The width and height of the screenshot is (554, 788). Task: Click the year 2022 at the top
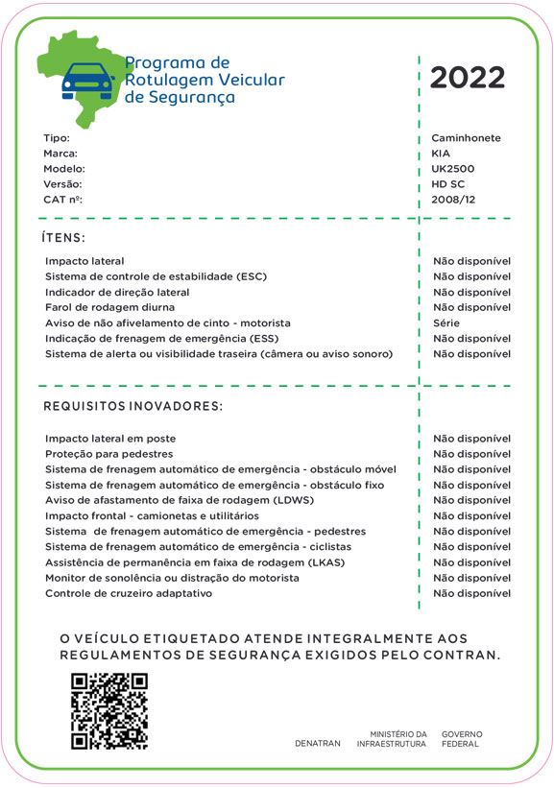(467, 78)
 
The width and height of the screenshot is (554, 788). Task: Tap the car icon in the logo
(87, 84)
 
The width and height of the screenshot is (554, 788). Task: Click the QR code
(109, 710)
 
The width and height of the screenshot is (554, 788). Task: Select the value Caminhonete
(466, 138)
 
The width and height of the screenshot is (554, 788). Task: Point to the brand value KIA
(441, 154)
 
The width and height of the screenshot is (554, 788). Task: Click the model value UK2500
(453, 169)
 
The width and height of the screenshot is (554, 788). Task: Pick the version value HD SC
(447, 184)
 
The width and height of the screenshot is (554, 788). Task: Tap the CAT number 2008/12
(453, 200)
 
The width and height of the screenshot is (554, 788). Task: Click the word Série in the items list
(446, 323)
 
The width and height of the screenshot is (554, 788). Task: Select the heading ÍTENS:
(64, 237)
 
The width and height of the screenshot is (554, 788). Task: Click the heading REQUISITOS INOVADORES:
(132, 407)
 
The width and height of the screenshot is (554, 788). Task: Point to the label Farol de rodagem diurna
(110, 307)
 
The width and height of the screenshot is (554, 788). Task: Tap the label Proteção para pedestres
(109, 454)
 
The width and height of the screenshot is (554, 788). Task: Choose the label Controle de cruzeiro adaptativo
(129, 593)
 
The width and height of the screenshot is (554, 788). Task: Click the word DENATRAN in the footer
(318, 744)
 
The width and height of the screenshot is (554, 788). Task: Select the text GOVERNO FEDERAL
(462, 739)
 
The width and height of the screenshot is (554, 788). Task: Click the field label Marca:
(60, 154)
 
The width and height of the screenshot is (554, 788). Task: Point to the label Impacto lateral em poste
(110, 439)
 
